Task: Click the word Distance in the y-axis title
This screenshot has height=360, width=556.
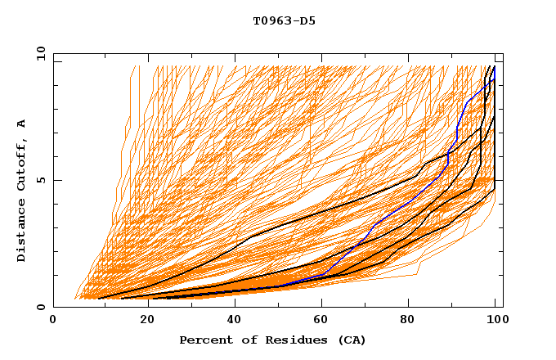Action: click(21, 232)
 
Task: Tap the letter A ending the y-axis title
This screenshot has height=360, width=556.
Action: click(21, 124)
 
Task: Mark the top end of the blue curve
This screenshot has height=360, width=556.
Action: click(494, 67)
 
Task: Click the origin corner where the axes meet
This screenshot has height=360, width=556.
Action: click(53, 308)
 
